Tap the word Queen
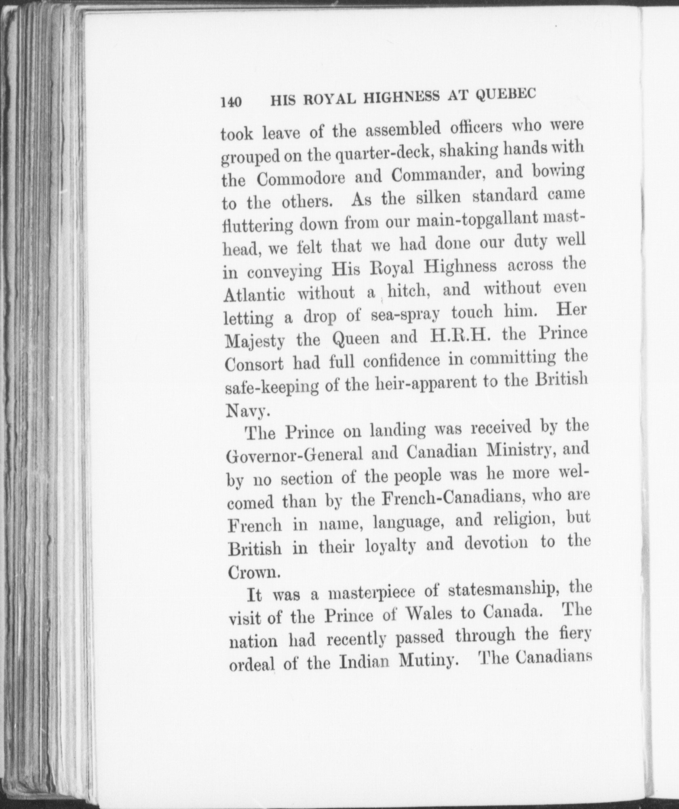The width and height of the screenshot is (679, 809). pos(356,337)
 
